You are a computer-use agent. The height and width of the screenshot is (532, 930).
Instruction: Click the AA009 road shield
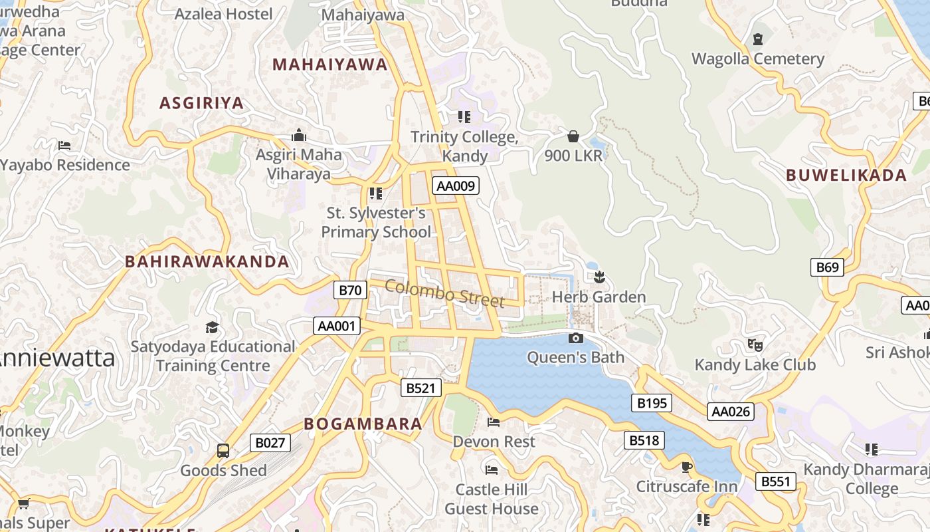click(x=456, y=186)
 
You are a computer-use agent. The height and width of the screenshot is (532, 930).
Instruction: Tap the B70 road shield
click(x=350, y=290)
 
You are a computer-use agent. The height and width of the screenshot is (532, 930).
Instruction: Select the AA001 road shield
click(x=337, y=326)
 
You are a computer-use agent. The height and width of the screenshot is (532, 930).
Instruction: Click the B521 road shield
click(x=421, y=388)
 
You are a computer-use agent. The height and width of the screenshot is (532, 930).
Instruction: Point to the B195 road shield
click(x=652, y=403)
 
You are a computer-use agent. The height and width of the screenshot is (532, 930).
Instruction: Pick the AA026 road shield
click(x=731, y=412)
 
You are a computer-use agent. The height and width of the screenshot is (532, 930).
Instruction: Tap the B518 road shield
click(x=644, y=440)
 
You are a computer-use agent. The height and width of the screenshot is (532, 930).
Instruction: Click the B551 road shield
click(x=776, y=481)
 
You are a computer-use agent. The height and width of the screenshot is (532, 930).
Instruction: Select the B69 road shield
click(x=827, y=267)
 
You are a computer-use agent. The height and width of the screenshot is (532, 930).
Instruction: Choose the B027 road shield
click(x=270, y=443)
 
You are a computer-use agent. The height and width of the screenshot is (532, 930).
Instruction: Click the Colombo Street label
click(x=444, y=294)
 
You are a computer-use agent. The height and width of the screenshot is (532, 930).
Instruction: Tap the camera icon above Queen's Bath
click(x=576, y=338)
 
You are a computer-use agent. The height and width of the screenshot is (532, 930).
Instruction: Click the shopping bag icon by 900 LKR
click(x=573, y=136)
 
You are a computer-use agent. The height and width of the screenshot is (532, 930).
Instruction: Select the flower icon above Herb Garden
click(x=599, y=277)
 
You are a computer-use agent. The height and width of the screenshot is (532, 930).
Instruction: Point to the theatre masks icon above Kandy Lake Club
click(x=755, y=344)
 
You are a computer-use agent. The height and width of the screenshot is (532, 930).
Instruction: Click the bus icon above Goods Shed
click(x=223, y=451)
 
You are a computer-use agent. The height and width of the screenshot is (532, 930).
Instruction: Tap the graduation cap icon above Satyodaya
click(x=212, y=327)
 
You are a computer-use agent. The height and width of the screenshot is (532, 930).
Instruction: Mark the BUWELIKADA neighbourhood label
click(x=846, y=176)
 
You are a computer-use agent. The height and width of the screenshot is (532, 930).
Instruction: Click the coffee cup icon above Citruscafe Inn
click(x=686, y=467)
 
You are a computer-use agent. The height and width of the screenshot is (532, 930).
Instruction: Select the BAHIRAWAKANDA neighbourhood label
click(x=207, y=262)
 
